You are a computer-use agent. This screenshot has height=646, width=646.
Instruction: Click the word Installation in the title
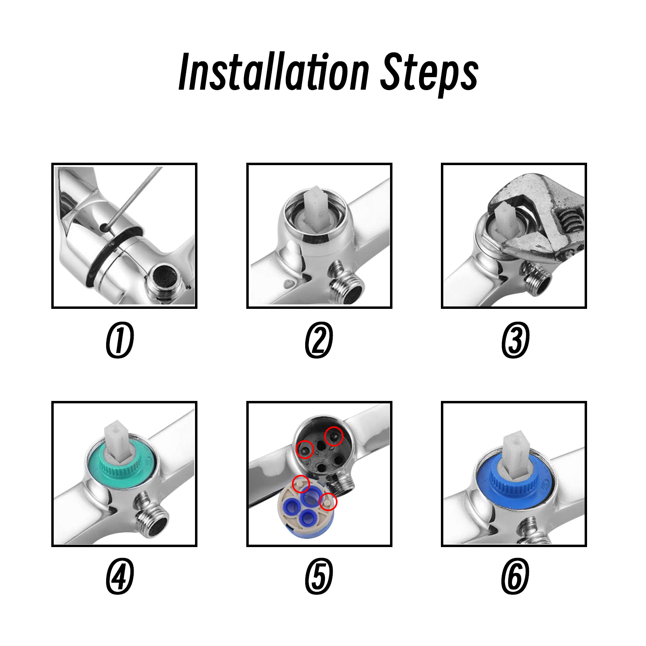click(x=274, y=72)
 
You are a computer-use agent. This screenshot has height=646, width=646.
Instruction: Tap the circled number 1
click(x=120, y=340)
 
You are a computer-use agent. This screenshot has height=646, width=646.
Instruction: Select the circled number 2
click(x=319, y=340)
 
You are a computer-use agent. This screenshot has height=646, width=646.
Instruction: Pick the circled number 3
click(x=515, y=340)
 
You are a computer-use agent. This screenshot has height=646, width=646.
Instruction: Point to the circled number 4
click(x=120, y=576)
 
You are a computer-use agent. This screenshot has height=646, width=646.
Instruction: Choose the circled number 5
click(x=319, y=576)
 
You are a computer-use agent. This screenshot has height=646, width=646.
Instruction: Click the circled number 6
click(x=515, y=576)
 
